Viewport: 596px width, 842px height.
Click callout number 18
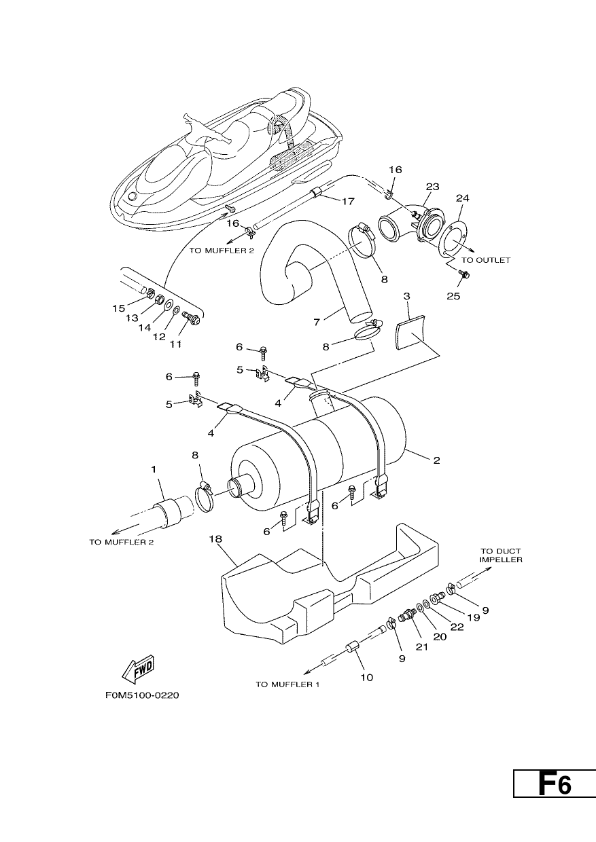[x=216, y=539]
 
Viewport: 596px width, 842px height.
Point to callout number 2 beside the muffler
[x=436, y=460]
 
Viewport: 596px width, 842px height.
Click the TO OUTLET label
[x=486, y=260]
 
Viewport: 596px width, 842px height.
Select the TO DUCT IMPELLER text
[x=501, y=555]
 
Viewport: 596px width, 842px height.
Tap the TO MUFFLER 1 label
[x=287, y=684]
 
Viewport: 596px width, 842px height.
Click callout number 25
[x=453, y=296]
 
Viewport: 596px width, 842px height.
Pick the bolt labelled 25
[x=464, y=274]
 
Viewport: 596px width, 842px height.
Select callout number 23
[x=433, y=187]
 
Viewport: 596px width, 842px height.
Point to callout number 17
[x=348, y=202]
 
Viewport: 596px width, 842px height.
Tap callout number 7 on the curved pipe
[x=317, y=322]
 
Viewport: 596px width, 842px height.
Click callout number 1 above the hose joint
[x=154, y=469]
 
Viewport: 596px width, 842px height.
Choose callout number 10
[x=366, y=678]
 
